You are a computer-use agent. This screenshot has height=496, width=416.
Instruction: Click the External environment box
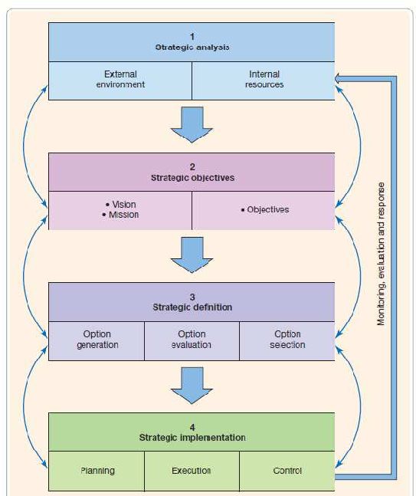point(120,81)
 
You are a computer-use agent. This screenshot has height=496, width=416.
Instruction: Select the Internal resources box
point(264,81)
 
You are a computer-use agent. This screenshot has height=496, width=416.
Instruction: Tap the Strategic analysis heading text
point(192,47)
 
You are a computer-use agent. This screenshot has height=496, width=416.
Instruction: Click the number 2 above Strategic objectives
point(192,167)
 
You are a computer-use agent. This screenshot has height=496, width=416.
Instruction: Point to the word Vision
point(124,205)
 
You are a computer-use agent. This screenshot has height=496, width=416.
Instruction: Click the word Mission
point(123,215)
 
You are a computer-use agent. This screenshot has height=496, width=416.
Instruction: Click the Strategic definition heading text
point(192,307)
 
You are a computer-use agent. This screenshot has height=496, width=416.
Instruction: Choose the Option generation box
point(97,341)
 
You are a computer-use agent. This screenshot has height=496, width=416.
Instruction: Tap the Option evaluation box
point(192,341)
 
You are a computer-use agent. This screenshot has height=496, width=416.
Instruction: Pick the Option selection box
point(287,341)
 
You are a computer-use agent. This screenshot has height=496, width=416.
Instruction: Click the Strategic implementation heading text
point(192,438)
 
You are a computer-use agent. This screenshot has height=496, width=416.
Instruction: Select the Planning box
point(97,471)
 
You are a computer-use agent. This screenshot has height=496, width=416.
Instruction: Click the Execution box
point(192,471)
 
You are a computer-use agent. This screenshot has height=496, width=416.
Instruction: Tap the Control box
point(287,471)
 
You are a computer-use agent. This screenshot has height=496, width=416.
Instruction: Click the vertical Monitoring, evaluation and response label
point(381,254)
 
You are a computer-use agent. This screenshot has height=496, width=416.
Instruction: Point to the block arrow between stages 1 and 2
point(192,125)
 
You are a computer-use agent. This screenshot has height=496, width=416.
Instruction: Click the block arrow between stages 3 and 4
point(192,386)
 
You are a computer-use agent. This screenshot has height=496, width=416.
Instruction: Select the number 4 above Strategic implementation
point(192,427)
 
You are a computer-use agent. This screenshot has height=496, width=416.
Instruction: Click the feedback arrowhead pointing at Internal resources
point(338,78)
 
